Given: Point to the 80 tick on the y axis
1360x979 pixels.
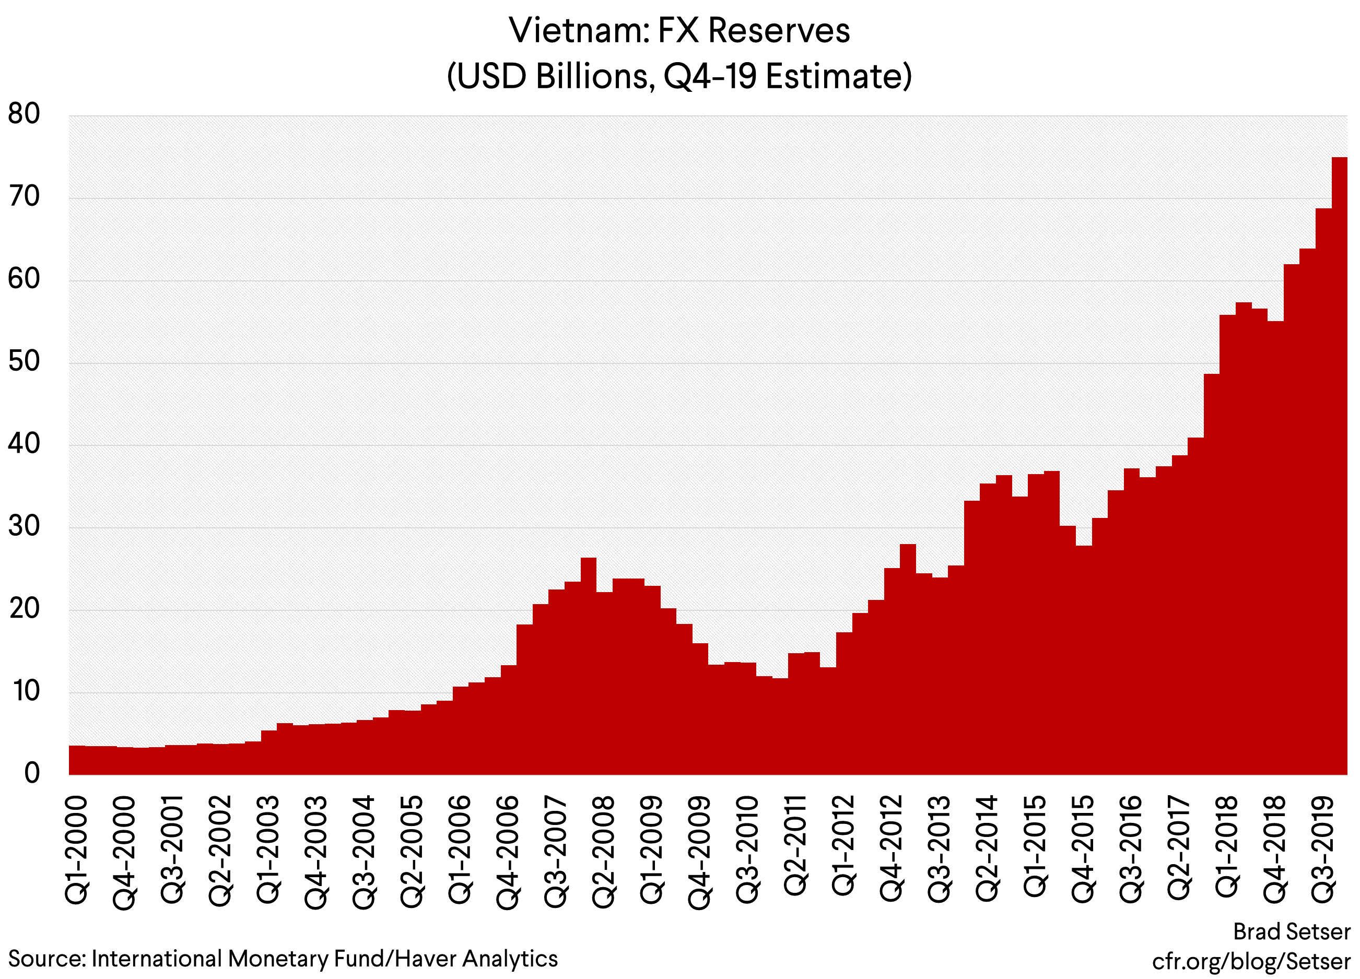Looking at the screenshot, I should (x=24, y=113).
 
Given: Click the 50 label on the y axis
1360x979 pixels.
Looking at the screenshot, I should (x=24, y=361).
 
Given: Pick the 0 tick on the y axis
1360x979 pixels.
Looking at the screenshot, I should (x=32, y=773).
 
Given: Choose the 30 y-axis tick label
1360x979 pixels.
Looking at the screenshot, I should (x=24, y=526).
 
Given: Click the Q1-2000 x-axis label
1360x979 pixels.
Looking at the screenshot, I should (x=76, y=850).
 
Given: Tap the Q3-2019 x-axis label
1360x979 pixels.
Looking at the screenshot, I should (x=1323, y=850).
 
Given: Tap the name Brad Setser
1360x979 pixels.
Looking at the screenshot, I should (x=1292, y=931).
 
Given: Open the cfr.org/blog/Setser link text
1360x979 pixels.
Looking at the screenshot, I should (x=1251, y=961).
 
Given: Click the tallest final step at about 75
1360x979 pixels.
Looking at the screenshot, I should (x=1340, y=420).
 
